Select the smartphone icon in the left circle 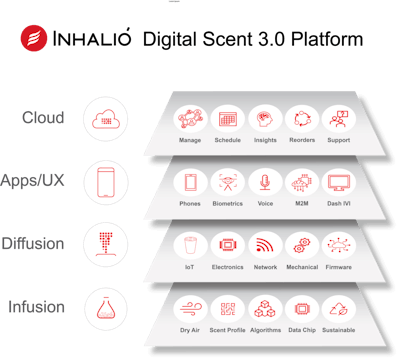(105, 182)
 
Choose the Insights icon (264, 117)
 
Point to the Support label (337, 139)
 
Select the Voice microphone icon (264, 181)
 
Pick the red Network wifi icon (264, 244)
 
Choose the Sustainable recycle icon (340, 308)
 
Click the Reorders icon (300, 117)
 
